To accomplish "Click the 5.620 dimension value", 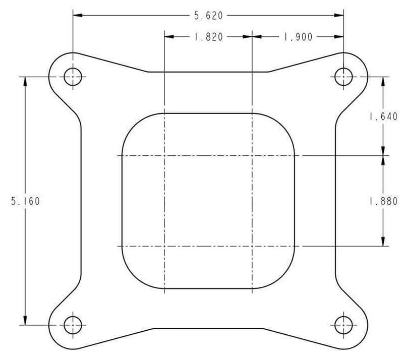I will [x=208, y=16].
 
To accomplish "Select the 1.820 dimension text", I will [x=208, y=37].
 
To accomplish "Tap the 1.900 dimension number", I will [x=298, y=37].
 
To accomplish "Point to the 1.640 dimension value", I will [x=384, y=117].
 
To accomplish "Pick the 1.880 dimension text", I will [x=384, y=201].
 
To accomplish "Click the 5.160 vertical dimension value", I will [x=25, y=201].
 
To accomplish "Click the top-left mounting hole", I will [x=73, y=77].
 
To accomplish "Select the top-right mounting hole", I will [x=343, y=77].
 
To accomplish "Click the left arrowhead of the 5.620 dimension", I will [x=77, y=16].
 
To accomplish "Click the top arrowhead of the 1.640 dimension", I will [x=384, y=81].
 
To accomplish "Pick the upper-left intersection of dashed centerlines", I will [x=164, y=155].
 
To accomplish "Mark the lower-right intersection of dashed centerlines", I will [x=252, y=246].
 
